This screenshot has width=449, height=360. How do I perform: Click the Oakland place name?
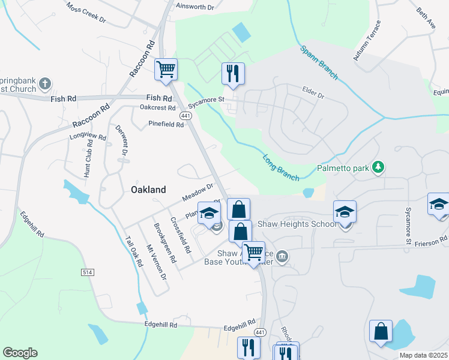148,190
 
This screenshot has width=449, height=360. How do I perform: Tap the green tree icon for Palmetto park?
378,166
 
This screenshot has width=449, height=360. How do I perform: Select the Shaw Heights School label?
297,224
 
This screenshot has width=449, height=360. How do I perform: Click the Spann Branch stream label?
319,64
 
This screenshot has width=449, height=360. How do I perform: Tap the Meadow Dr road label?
199,193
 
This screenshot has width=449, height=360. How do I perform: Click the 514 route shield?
88,272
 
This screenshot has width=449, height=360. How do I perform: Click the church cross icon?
46,84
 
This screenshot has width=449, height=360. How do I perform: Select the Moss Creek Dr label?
86,13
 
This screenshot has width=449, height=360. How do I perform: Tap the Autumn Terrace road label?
367,41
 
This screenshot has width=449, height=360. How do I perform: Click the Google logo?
20,353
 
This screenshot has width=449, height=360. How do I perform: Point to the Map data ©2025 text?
423,355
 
